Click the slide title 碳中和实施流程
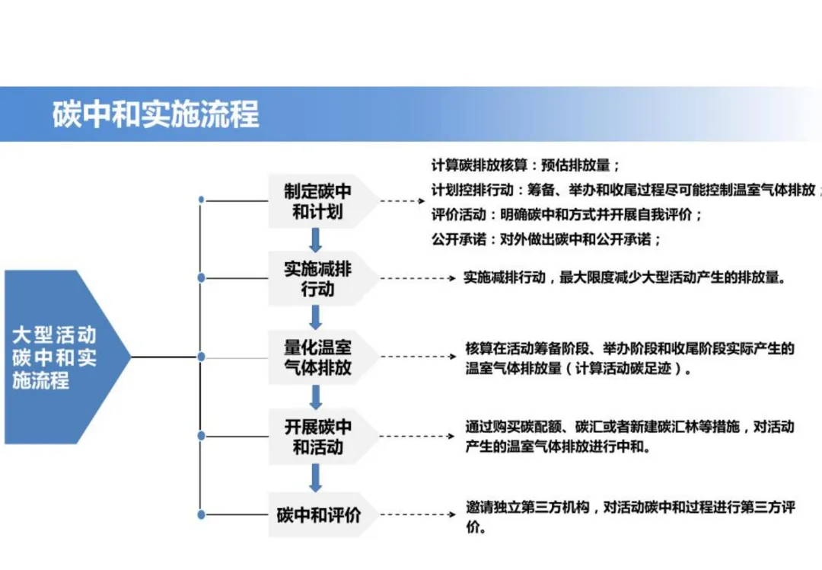pyautogui.click(x=155, y=114)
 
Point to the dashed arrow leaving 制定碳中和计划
pyautogui.click(x=402, y=201)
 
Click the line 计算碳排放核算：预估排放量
pyautogui.click(x=526, y=165)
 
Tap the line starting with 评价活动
pyautogui.click(x=567, y=214)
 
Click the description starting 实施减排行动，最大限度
pyautogui.click(x=624, y=278)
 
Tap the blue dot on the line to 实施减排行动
pyautogui.click(x=201, y=278)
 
